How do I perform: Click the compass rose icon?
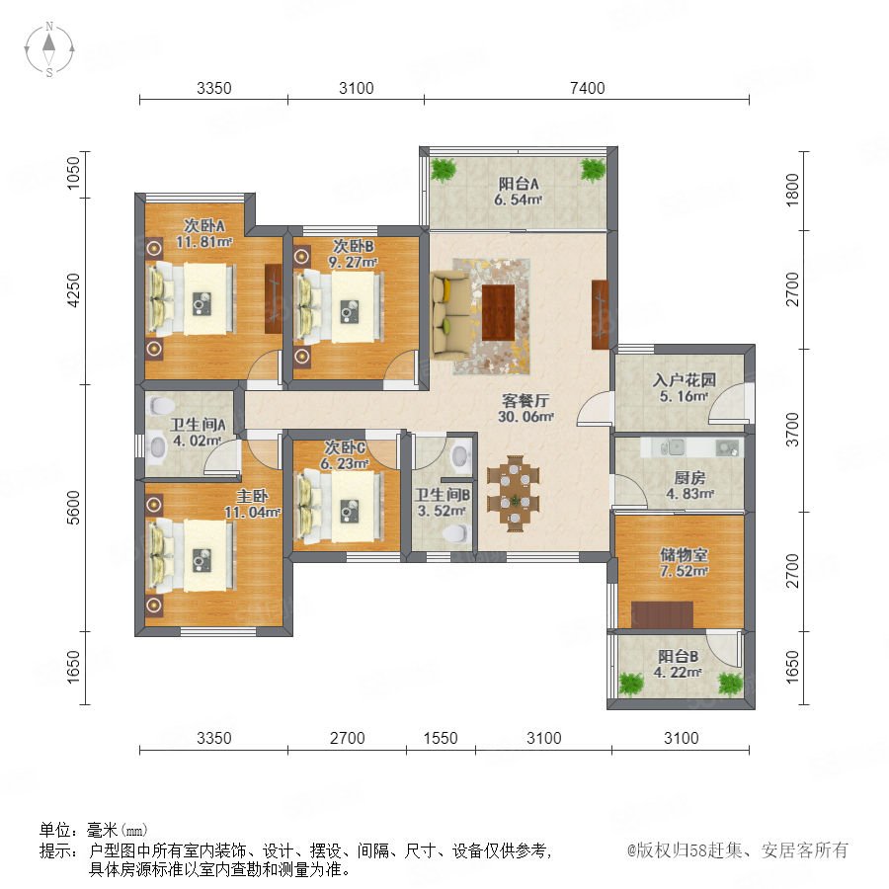[x=49, y=49]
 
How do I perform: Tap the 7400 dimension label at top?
[x=588, y=88]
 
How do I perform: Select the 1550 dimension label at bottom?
[x=441, y=738]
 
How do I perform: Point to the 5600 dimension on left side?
[x=74, y=508]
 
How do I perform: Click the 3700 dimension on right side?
[x=792, y=430]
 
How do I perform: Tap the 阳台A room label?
[x=519, y=184]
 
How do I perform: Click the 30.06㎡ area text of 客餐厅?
[x=525, y=417]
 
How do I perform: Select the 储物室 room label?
[x=684, y=554]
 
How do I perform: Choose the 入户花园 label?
[x=684, y=380]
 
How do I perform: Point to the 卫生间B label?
[x=443, y=495]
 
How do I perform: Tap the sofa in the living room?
[x=450, y=314]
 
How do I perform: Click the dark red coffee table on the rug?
[x=498, y=312]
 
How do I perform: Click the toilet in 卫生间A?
[x=161, y=406]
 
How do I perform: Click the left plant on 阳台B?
[x=630, y=684]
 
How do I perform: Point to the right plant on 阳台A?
[x=593, y=170]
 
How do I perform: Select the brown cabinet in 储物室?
[x=662, y=614]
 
